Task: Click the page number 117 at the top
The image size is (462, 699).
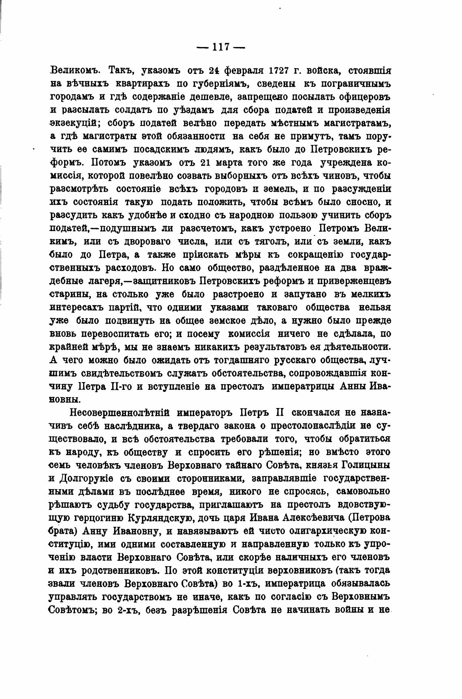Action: [221, 47]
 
